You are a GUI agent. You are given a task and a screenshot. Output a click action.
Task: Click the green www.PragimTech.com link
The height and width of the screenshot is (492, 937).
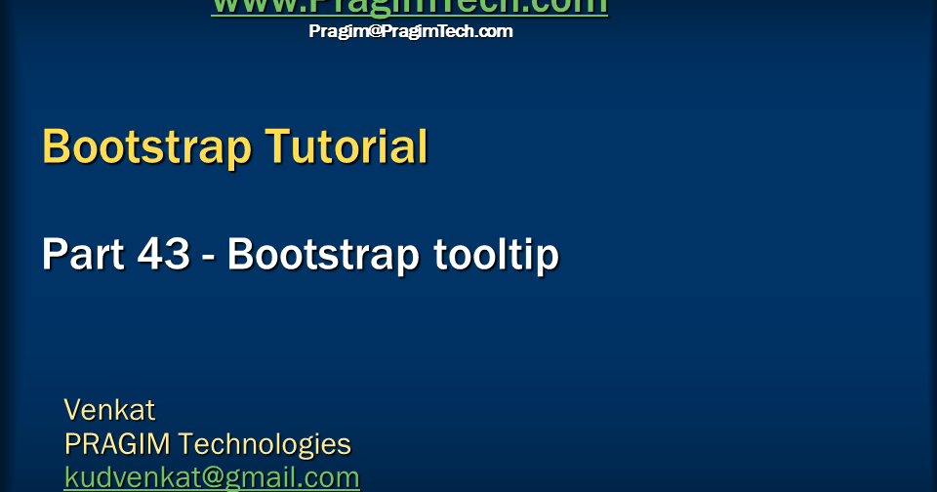tap(409, 7)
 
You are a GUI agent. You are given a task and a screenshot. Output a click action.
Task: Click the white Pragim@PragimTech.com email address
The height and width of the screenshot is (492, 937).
tap(410, 31)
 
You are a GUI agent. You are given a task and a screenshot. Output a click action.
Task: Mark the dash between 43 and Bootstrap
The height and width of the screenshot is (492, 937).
tap(210, 257)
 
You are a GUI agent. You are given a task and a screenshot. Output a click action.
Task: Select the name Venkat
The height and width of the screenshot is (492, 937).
tap(109, 408)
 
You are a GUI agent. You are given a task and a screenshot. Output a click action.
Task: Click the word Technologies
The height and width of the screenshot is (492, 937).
tap(265, 444)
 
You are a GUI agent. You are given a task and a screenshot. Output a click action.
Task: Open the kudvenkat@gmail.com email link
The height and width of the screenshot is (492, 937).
tap(212, 477)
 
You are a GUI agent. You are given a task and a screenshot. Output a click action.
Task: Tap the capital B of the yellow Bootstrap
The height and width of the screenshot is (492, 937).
tap(57, 147)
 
